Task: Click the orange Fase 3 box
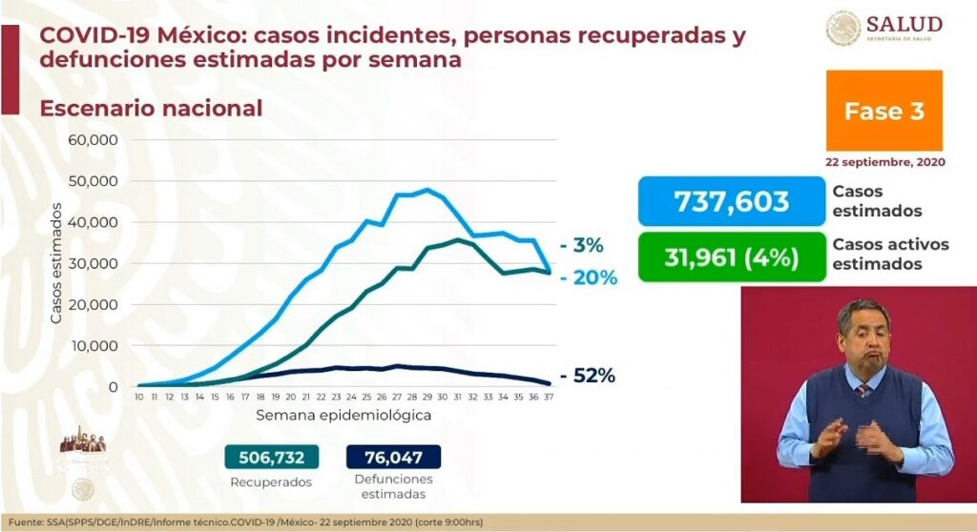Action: pos(884,111)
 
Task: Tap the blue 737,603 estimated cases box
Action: pos(732,201)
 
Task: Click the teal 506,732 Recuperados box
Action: pos(271,457)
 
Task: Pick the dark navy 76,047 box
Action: pos(394,457)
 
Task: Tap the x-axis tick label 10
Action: pos(139,398)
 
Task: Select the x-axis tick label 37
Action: pos(549,398)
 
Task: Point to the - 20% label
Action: pos(589,278)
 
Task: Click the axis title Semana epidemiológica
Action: pos(343,416)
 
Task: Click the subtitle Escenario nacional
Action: pos(151,109)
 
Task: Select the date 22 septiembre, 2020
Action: pos(884,162)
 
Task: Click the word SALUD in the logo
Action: pos(904,24)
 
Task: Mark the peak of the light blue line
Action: pos(426,189)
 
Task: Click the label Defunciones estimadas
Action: pos(393,486)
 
